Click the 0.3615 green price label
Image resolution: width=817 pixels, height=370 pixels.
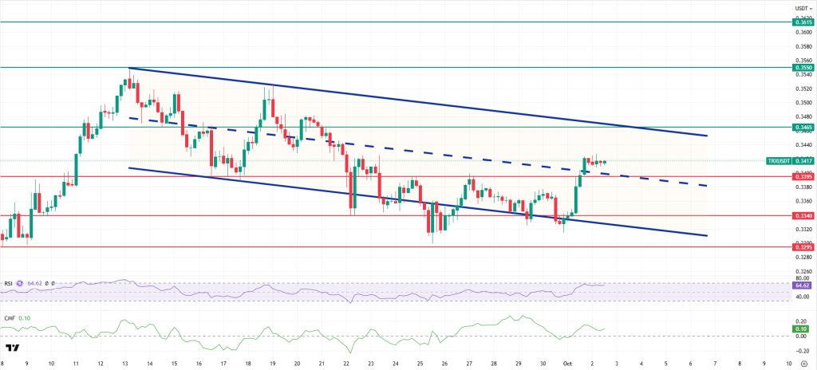pos(803,23)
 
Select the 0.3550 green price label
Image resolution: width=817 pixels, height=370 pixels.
pos(803,68)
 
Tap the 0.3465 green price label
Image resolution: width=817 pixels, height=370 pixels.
pos(803,127)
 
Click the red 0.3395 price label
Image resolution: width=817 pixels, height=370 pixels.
pos(803,176)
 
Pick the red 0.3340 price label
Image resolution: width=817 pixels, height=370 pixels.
pos(803,215)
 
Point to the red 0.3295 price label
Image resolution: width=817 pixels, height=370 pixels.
pos(803,246)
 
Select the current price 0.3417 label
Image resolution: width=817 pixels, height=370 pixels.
pos(803,161)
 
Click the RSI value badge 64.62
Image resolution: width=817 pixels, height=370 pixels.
pos(803,285)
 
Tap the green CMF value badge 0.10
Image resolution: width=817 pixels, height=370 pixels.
pos(803,328)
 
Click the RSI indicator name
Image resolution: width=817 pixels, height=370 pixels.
pos(8,283)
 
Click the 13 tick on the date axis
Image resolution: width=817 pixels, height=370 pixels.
pos(125,363)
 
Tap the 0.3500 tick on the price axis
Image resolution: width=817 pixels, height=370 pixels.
pos(803,103)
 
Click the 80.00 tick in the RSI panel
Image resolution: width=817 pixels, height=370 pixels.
pos(803,278)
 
